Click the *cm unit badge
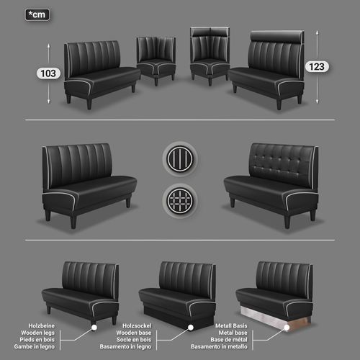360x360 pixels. [x=37, y=15]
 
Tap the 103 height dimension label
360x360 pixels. [x=48, y=73]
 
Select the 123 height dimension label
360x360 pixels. [x=317, y=67]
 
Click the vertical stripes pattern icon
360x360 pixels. [x=180, y=158]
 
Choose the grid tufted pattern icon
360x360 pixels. [x=180, y=201]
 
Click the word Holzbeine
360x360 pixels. [x=42, y=325]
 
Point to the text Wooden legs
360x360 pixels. [x=38, y=333]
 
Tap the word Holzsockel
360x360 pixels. [x=137, y=325]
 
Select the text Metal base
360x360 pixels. [x=233, y=333]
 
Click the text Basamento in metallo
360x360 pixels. [x=219, y=346]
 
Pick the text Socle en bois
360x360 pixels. [x=134, y=340]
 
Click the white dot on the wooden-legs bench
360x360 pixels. [x=94, y=328]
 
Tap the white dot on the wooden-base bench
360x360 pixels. [x=191, y=328]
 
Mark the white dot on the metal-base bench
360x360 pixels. [x=287, y=328]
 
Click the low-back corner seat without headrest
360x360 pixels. [x=156, y=60]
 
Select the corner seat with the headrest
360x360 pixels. [x=210, y=56]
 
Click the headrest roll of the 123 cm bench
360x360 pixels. [x=276, y=36]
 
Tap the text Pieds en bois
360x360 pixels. [x=37, y=340]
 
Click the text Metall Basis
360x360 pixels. [x=231, y=325]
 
